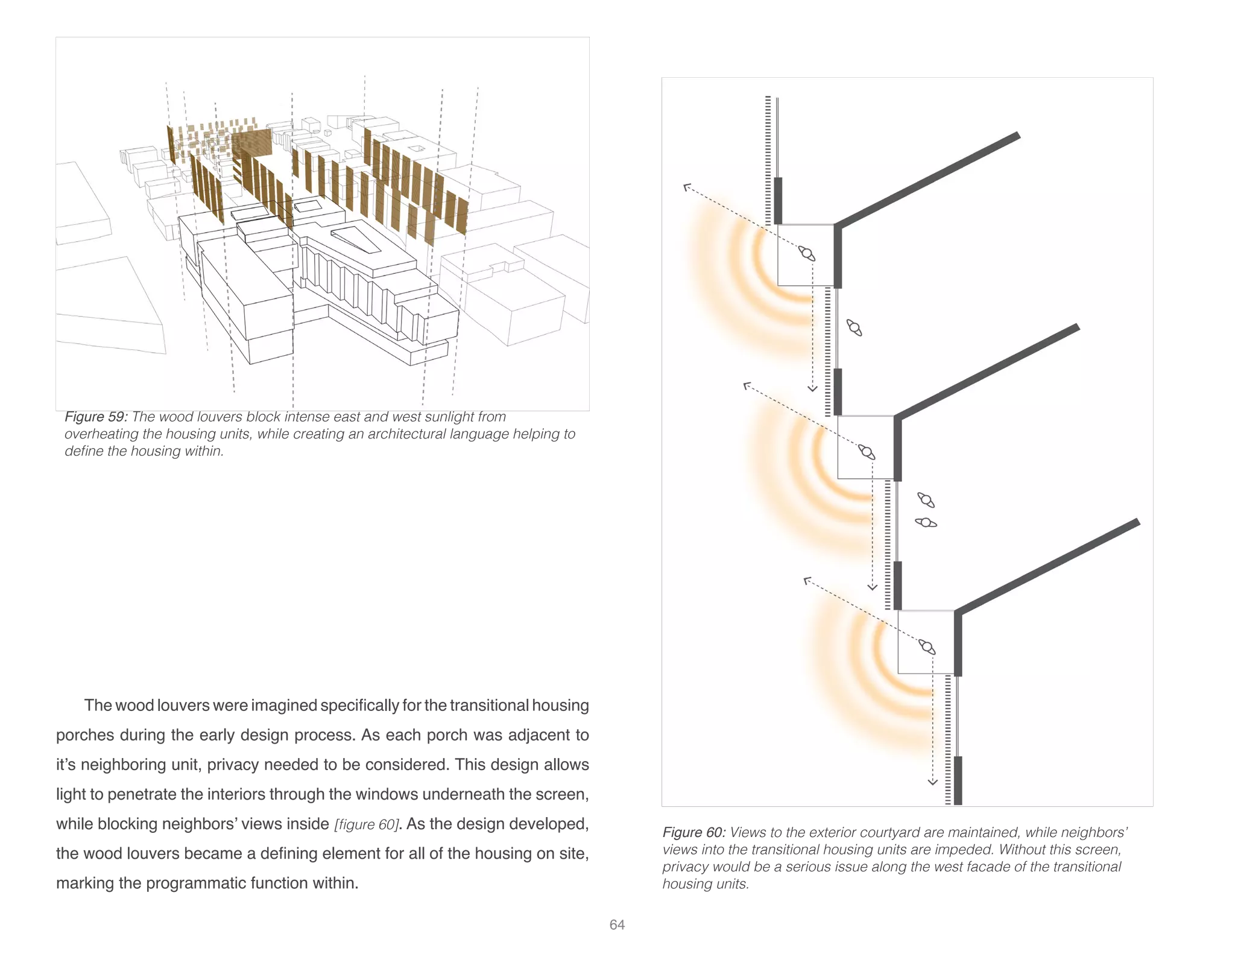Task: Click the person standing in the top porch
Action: coord(806,253)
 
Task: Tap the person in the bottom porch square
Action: coord(927,646)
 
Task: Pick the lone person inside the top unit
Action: coord(854,327)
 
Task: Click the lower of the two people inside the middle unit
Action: coord(926,522)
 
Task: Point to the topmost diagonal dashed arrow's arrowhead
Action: coord(686,187)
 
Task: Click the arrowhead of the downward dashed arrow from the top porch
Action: coord(812,389)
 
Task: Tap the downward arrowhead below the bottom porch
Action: coord(932,782)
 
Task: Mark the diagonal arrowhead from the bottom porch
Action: coord(807,581)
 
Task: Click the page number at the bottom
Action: coord(617,924)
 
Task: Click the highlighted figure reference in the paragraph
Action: coord(367,824)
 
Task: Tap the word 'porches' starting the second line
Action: coord(84,736)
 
